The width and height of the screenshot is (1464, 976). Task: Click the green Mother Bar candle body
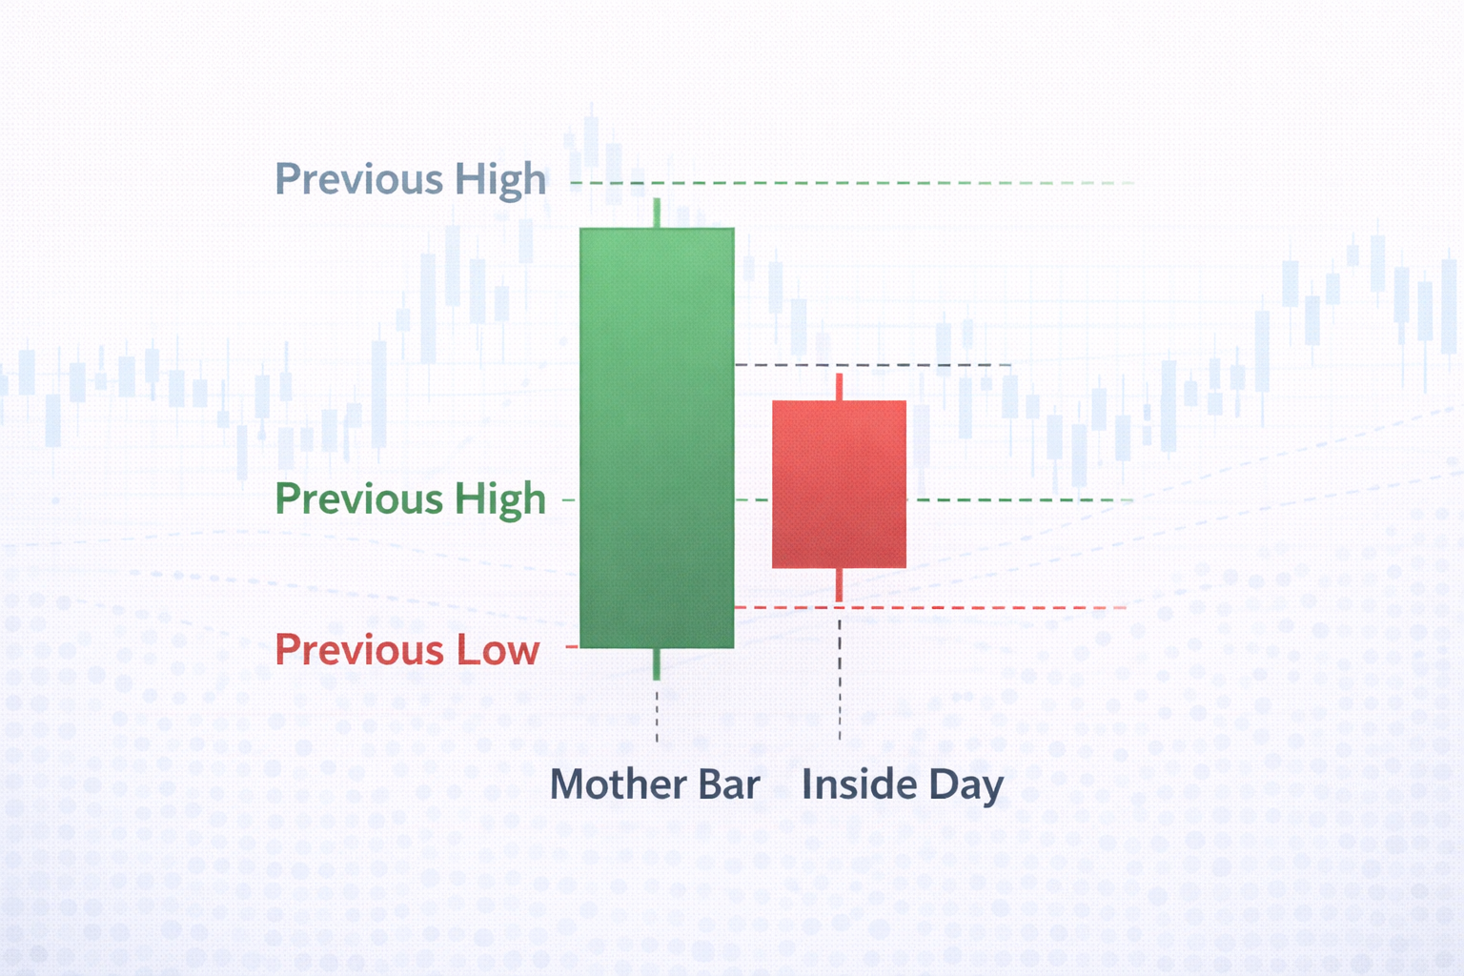tap(657, 438)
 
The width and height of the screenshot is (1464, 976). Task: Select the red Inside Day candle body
tap(839, 484)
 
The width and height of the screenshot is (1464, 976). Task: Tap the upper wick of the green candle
tap(657, 213)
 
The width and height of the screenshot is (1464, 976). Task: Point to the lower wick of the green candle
tap(657, 663)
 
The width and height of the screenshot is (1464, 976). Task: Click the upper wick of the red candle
tap(839, 387)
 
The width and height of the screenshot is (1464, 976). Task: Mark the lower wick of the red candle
tap(839, 584)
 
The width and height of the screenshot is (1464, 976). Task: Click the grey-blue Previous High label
tap(410, 180)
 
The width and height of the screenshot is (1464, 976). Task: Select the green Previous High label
tap(410, 499)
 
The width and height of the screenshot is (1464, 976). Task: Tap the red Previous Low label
tap(407, 650)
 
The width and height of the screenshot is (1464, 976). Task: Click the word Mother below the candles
tap(618, 784)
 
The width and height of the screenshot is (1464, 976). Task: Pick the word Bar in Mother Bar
tap(729, 784)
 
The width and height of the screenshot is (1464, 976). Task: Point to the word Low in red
tap(498, 650)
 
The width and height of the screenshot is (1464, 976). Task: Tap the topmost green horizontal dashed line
tap(858, 182)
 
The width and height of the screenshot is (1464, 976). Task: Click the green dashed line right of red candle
tap(1020, 499)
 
